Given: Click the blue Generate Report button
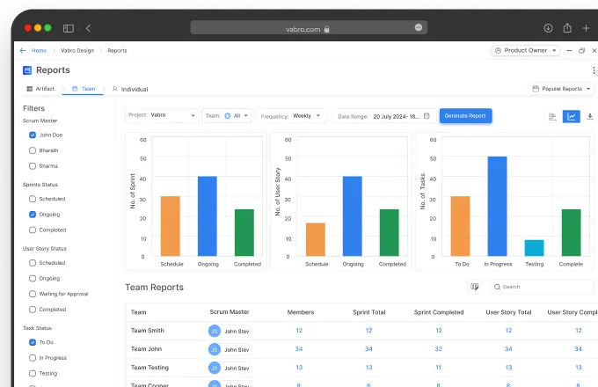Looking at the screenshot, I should click(465, 115).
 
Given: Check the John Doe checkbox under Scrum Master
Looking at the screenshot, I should click(33, 135).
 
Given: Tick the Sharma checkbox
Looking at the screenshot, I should click(33, 164).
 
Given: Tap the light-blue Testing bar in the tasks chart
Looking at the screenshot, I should click(534, 248).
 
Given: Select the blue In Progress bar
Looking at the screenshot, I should click(497, 207).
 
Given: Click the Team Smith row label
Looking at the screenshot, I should click(147, 331).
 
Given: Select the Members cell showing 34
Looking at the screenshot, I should click(299, 349).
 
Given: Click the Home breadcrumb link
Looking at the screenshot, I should click(39, 51).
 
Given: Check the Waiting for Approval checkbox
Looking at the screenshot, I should click(33, 294).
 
